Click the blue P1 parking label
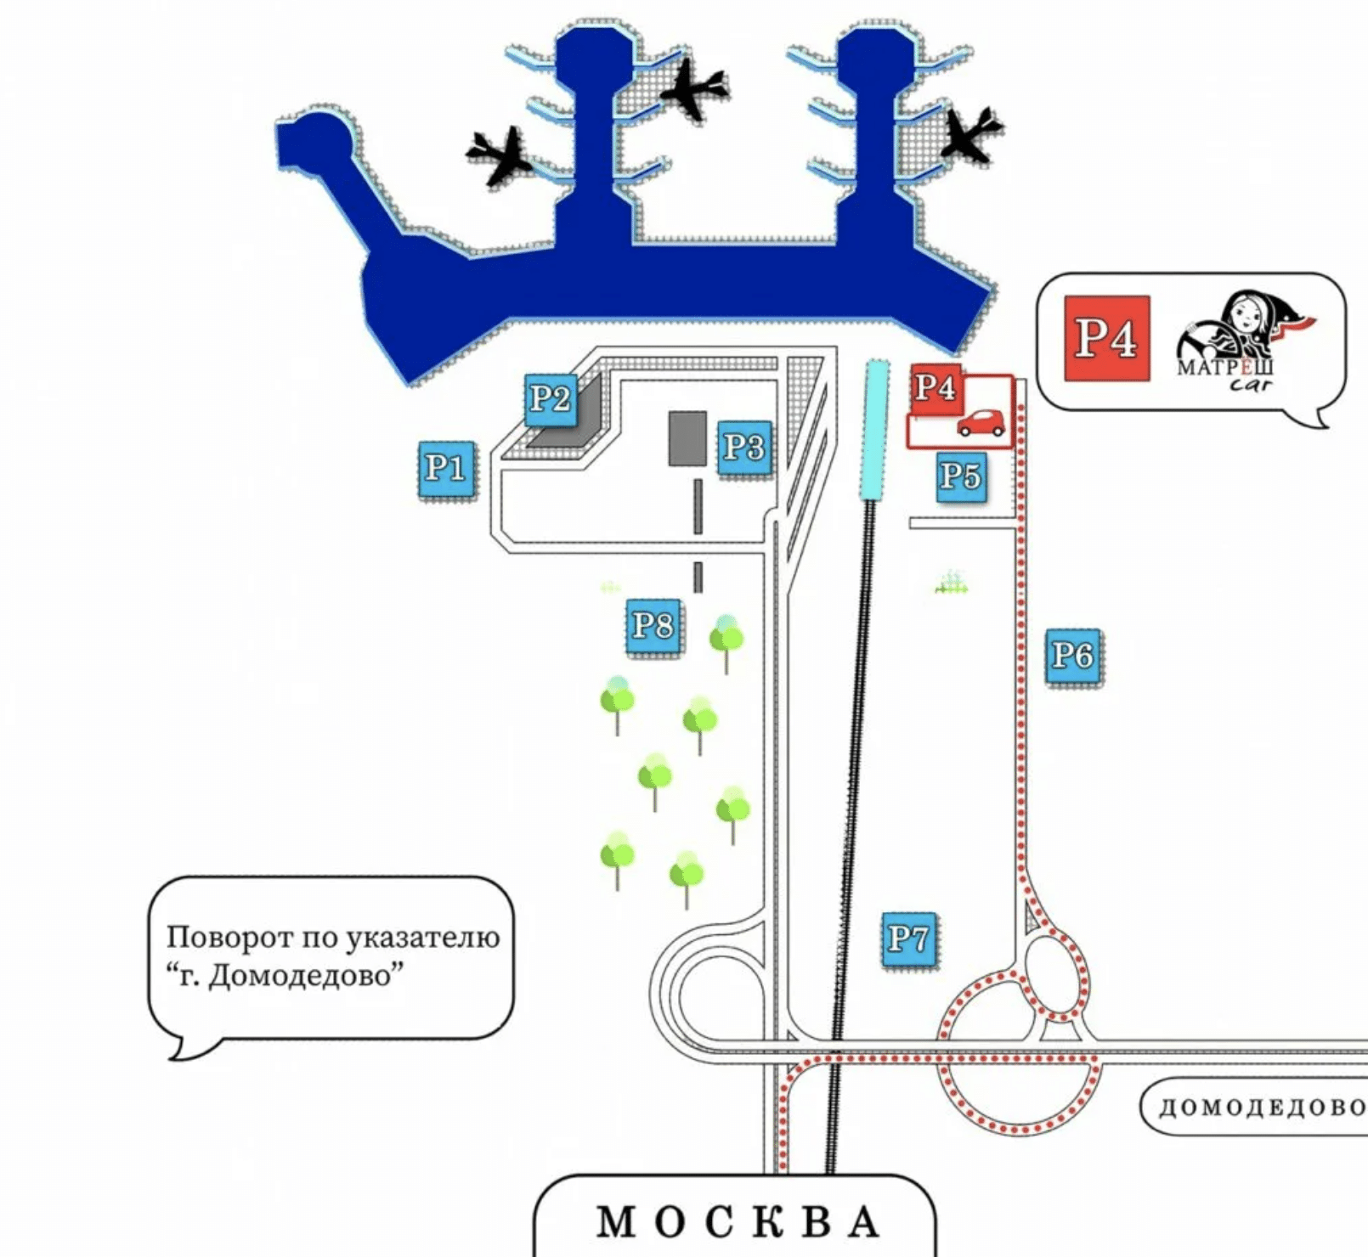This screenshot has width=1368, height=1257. point(447,468)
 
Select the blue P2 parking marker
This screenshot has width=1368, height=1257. point(550,398)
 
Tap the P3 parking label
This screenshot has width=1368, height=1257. point(743,448)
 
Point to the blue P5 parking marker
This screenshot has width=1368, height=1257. point(961,476)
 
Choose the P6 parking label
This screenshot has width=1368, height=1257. point(1072,656)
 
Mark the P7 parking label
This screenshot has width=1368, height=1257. point(909,939)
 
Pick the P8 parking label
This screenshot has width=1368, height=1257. point(653,626)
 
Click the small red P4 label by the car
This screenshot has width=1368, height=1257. point(935,388)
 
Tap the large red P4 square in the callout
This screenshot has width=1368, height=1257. point(1106,338)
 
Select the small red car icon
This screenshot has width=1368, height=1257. point(981,423)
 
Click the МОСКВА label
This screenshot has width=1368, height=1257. point(736,1221)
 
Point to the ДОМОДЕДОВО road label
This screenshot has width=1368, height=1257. point(1262,1107)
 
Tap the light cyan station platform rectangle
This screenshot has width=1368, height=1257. point(874,429)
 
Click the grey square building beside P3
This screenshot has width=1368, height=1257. point(687,438)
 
